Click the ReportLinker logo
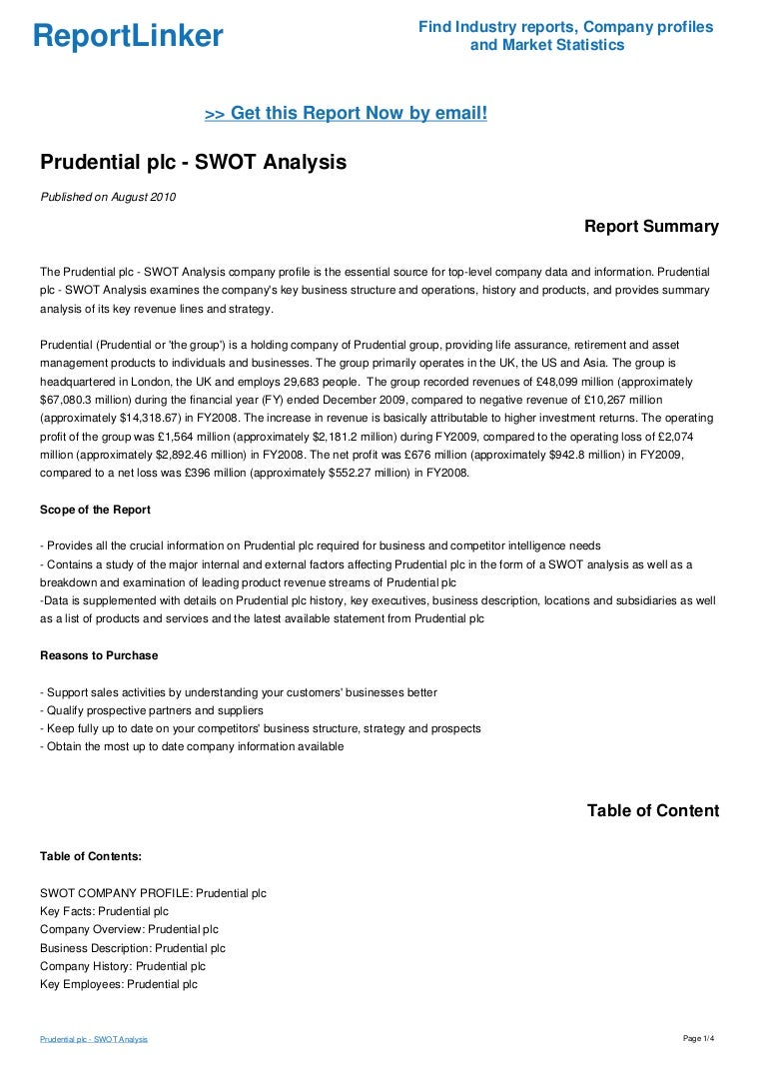(128, 37)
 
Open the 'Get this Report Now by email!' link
(346, 114)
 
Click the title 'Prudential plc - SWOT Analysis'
(193, 162)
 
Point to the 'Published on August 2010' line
(108, 197)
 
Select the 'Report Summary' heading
(651, 227)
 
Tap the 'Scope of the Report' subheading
(95, 510)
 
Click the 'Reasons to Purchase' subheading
(99, 655)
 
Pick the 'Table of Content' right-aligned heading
(652, 810)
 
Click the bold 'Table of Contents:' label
(91, 856)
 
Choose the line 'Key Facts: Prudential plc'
(104, 911)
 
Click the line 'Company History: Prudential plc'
(123, 966)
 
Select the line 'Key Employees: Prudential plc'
(119, 984)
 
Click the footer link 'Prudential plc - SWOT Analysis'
(94, 1040)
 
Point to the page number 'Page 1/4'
(698, 1039)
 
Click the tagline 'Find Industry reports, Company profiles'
(565, 27)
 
